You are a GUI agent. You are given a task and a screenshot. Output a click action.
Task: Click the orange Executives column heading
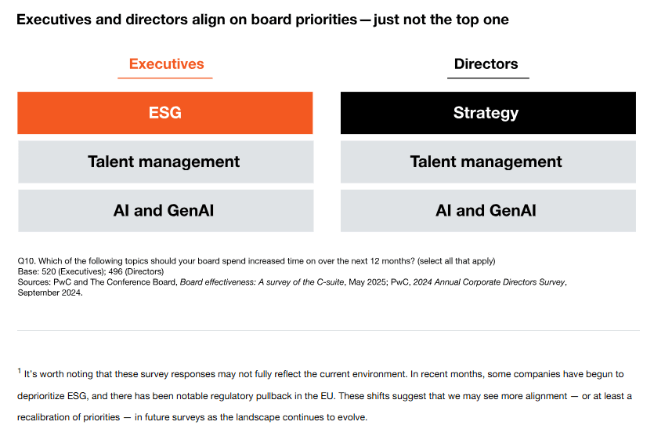166,64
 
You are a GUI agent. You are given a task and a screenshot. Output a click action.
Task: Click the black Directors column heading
486,64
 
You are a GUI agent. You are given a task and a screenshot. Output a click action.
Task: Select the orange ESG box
165,113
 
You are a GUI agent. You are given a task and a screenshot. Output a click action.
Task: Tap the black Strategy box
486,113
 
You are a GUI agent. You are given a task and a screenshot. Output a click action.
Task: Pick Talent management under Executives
164,162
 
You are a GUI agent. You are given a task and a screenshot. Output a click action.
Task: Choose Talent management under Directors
486,162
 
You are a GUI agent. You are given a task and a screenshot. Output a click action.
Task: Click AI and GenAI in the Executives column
164,210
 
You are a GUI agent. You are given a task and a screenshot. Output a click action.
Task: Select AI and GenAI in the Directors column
486,210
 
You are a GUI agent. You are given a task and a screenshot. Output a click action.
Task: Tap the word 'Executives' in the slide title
55,20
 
